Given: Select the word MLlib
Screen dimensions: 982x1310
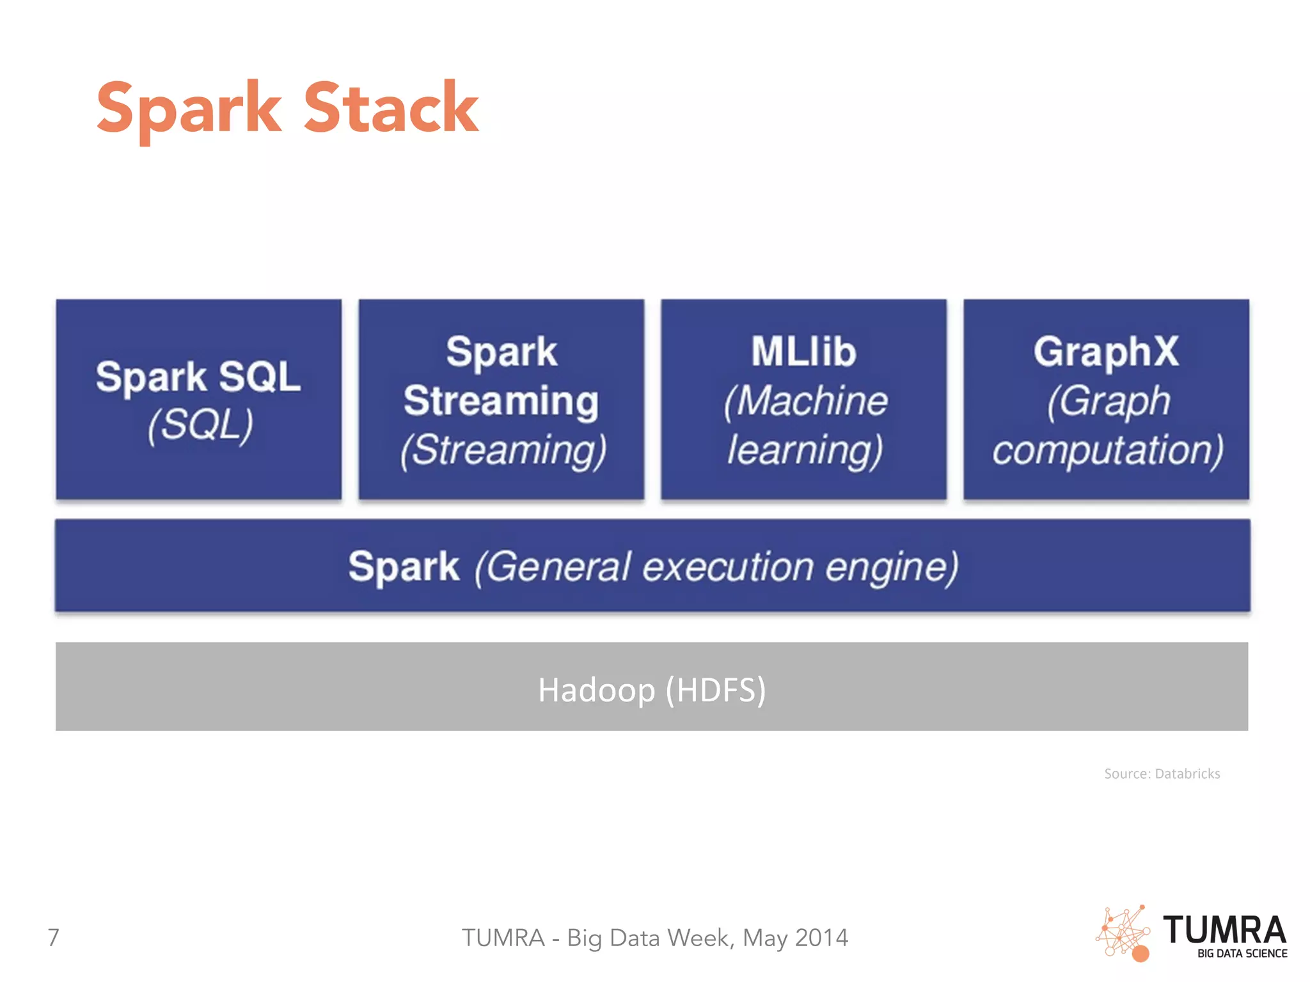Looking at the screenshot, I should point(803,352).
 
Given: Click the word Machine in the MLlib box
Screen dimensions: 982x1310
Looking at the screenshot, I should point(814,401).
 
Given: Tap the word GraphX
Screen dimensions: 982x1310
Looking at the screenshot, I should point(1106,352).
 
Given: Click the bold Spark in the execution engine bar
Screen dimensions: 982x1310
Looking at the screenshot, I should point(404,566).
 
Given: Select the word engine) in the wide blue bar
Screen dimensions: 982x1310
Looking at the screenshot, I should point(892,566).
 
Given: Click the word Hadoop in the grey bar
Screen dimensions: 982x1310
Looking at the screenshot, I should point(596,690).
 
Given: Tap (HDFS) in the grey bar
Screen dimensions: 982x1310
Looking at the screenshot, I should point(716,690).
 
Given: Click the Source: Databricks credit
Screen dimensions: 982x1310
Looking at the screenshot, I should point(1162,774).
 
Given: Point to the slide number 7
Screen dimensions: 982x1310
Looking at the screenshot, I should point(54,937).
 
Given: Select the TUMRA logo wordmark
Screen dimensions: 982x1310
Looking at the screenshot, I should point(1224,930).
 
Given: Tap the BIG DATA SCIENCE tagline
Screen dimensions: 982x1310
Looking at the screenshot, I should point(1242,953).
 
